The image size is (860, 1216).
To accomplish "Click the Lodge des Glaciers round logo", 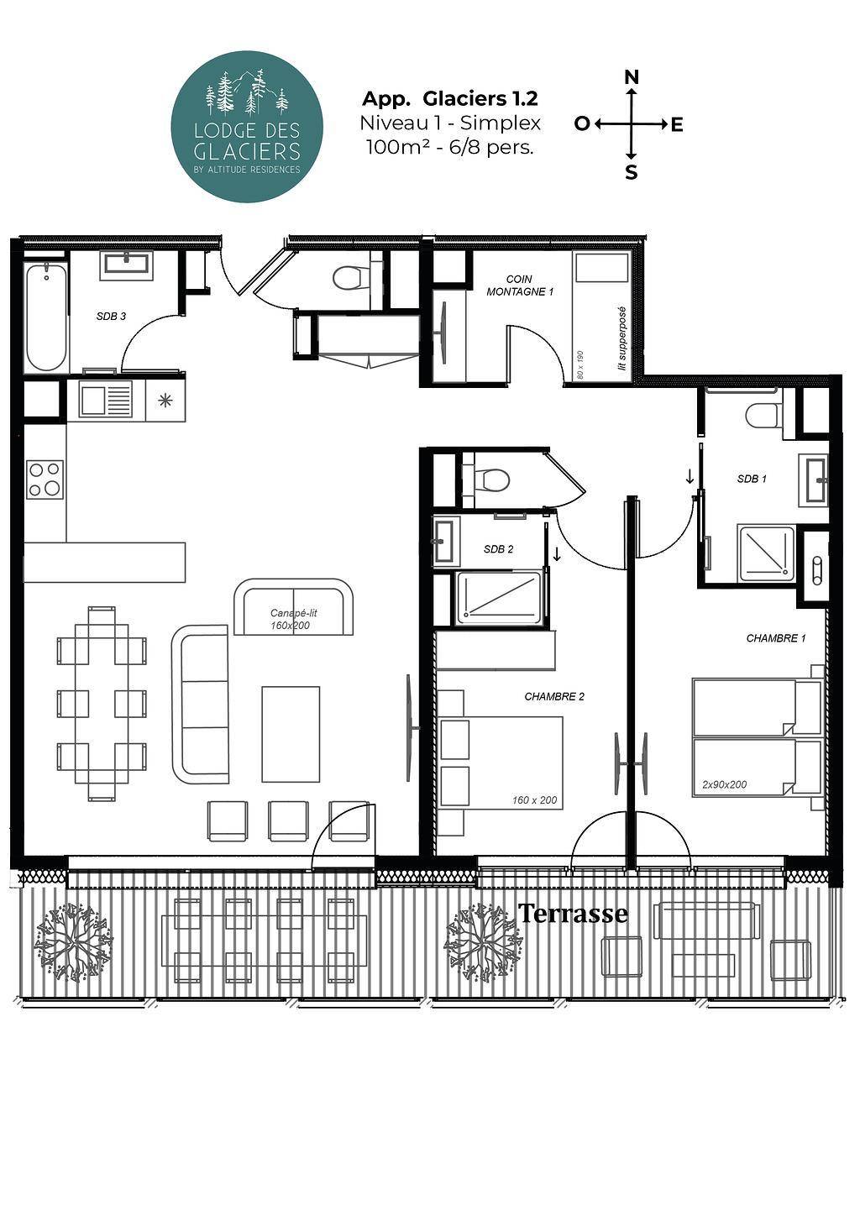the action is pyautogui.click(x=247, y=127).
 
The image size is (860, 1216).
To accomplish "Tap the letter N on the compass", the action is pyautogui.click(x=632, y=77).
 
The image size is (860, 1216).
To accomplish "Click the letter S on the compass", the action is pyautogui.click(x=631, y=173).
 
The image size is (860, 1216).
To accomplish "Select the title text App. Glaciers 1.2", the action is pyautogui.click(x=450, y=99).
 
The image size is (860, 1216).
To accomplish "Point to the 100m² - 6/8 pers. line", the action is pyautogui.click(x=450, y=147).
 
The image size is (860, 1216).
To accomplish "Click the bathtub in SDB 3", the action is pyautogui.click(x=47, y=317).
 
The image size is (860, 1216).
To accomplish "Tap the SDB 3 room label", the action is pyautogui.click(x=112, y=317).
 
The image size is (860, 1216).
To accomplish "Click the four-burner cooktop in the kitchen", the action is pyautogui.click(x=45, y=480).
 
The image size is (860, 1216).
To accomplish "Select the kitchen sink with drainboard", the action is pyautogui.click(x=105, y=400).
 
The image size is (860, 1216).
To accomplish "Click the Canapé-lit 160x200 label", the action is pyautogui.click(x=293, y=620).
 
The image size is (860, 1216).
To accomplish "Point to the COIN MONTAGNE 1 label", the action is pyautogui.click(x=520, y=286).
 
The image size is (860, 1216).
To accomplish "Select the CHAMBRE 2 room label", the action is pyautogui.click(x=554, y=696).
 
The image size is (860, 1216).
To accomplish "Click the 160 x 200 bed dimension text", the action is pyautogui.click(x=534, y=799).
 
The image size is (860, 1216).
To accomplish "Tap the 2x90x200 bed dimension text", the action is pyautogui.click(x=724, y=784).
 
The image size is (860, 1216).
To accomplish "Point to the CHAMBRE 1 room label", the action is pyautogui.click(x=776, y=638).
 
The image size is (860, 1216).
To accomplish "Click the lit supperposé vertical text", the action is pyautogui.click(x=622, y=338).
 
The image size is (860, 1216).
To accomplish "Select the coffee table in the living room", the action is pyautogui.click(x=291, y=735).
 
